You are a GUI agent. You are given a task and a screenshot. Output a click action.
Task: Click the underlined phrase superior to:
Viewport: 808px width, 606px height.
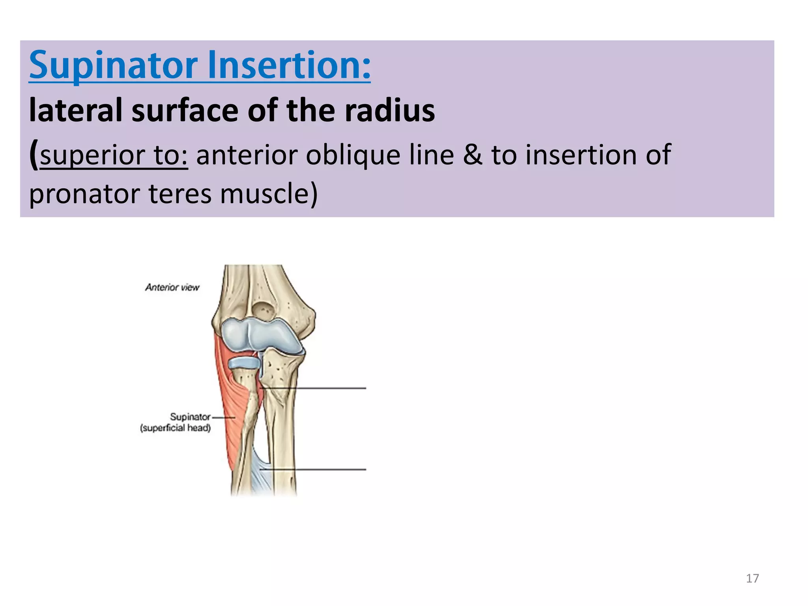[x=114, y=155]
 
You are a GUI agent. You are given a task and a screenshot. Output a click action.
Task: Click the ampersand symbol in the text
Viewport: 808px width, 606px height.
[x=472, y=155]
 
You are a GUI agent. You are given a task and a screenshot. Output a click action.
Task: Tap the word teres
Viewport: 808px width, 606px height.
[x=180, y=194]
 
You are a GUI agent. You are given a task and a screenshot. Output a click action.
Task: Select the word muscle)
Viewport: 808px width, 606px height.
[x=269, y=194]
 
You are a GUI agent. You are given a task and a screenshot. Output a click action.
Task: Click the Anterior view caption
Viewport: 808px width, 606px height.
[x=172, y=287]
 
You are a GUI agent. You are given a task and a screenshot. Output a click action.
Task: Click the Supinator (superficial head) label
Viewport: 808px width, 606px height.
[x=176, y=422]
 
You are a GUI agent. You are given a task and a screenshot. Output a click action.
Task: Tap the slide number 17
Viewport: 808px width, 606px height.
[x=752, y=578]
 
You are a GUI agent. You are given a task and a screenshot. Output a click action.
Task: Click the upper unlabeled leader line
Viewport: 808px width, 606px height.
[x=316, y=388]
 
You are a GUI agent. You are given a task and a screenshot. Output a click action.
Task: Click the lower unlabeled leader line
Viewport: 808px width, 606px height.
[x=316, y=469]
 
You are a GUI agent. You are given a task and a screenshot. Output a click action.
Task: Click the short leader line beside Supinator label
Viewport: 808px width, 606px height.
[x=223, y=417]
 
